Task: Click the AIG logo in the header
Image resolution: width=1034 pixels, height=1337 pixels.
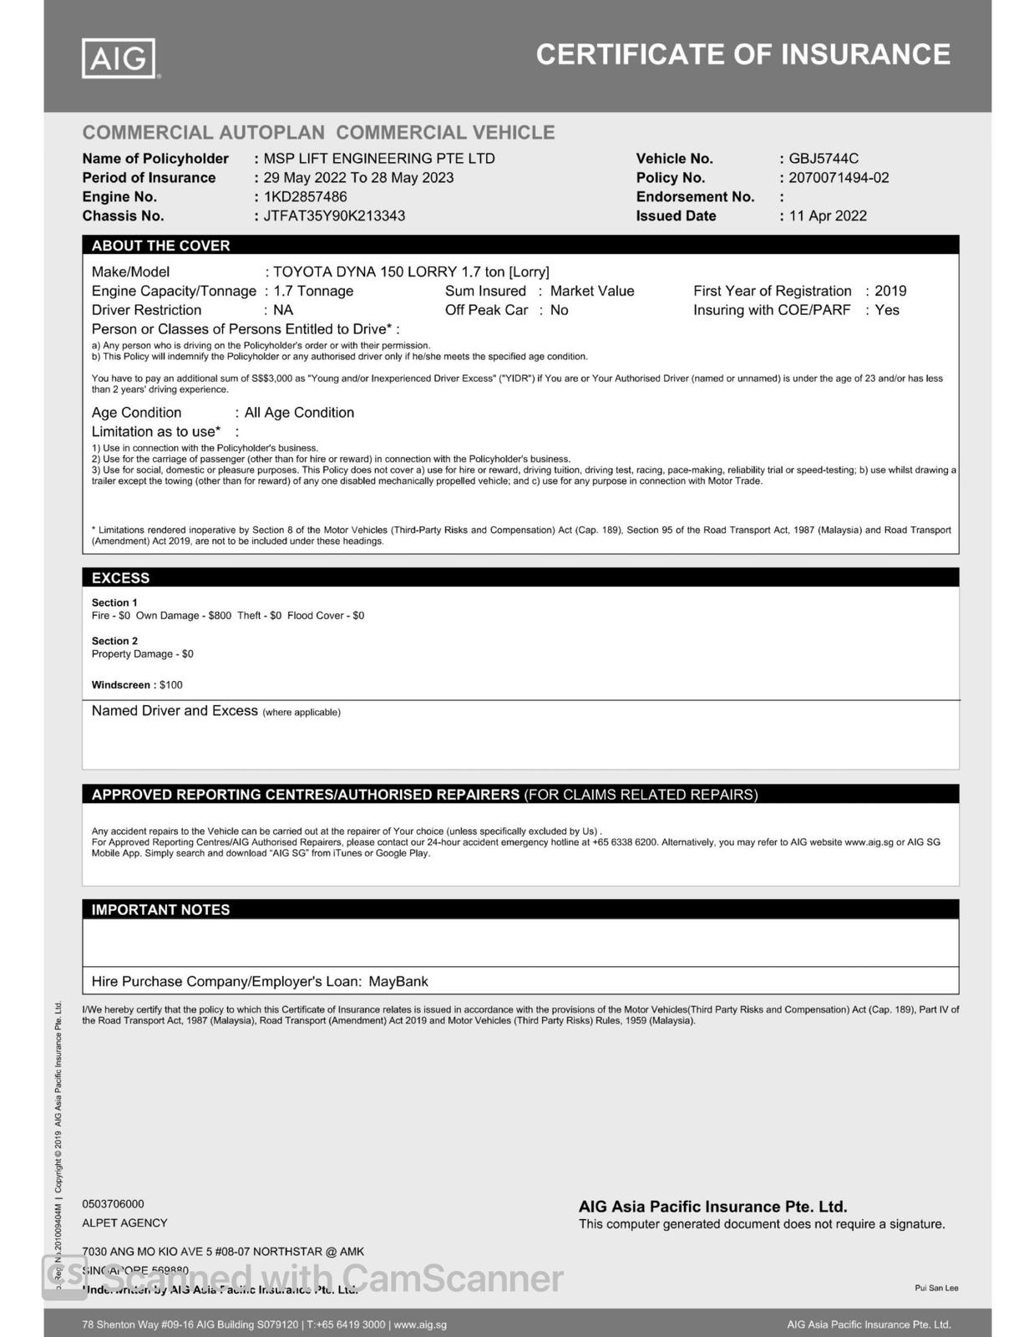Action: click(x=120, y=58)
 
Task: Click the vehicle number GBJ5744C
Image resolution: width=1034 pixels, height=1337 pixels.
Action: click(x=824, y=159)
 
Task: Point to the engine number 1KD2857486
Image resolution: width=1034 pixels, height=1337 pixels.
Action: click(x=305, y=197)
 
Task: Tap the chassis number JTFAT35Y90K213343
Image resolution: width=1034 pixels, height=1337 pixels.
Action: click(x=334, y=216)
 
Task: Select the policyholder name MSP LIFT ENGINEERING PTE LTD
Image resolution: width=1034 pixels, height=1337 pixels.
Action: click(x=379, y=159)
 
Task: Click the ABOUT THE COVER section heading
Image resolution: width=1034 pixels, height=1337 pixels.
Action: click(x=160, y=246)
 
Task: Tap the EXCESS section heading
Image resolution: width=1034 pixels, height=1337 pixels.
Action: click(x=120, y=578)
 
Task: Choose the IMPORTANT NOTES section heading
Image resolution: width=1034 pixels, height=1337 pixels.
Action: click(x=160, y=910)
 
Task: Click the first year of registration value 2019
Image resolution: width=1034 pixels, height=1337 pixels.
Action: click(x=890, y=291)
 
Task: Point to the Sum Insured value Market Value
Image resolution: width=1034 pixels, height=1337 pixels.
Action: click(x=592, y=291)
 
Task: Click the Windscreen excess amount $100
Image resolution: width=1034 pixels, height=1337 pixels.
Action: click(x=171, y=685)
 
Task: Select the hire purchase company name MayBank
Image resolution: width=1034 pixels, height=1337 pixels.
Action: click(x=398, y=982)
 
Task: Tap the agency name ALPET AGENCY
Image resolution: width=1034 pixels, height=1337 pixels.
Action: click(x=124, y=1223)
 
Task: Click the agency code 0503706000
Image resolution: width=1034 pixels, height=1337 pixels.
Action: click(x=113, y=1204)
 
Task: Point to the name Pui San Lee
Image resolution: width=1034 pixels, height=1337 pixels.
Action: click(x=936, y=1288)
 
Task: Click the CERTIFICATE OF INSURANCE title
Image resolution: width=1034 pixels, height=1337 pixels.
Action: click(x=743, y=55)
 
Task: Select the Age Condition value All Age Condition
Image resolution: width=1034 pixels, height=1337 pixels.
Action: click(x=299, y=413)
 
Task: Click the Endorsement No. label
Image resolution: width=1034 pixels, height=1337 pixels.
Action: click(x=695, y=197)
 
